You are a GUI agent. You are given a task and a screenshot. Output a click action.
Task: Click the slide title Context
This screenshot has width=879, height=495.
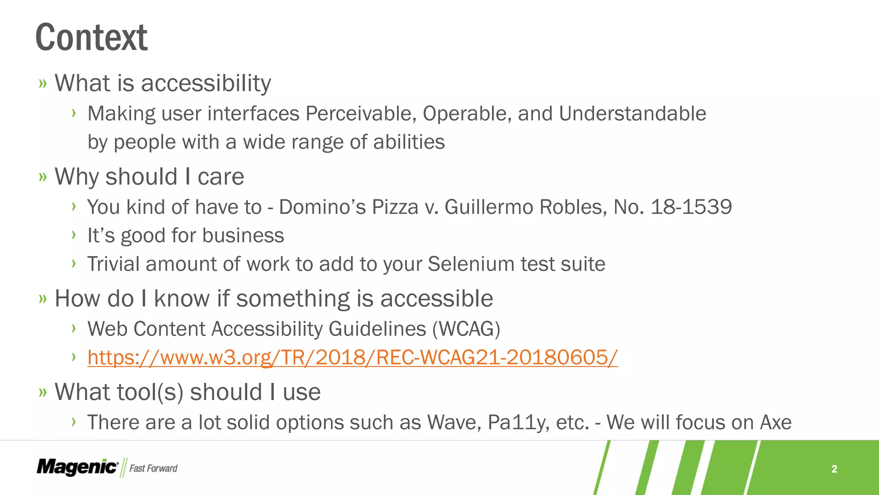(91, 38)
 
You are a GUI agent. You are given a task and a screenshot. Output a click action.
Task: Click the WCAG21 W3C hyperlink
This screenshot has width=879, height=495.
(352, 357)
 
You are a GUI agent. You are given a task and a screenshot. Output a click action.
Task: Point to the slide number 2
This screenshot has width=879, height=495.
(834, 469)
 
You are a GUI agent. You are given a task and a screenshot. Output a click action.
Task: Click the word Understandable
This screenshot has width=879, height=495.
(632, 114)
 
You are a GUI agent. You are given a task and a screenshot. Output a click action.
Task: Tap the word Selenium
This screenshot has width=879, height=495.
(471, 264)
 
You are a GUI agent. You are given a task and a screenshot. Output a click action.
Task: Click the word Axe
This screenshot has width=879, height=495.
(776, 423)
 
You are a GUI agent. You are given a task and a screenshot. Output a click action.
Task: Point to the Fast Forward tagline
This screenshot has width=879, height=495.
(153, 468)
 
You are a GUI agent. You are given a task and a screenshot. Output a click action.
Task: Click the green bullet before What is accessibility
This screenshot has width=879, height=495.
(42, 83)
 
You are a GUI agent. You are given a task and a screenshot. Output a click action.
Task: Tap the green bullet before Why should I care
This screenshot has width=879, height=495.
(42, 177)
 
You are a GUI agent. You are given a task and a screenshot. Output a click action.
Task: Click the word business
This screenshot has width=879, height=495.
(243, 235)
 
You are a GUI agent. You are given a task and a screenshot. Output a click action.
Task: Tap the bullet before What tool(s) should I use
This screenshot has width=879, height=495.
(42, 392)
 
